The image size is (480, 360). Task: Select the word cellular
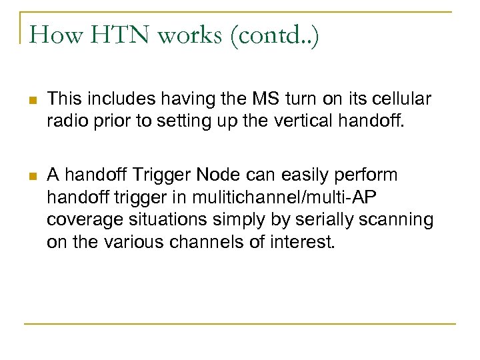[401, 99]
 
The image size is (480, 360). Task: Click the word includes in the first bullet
[124, 99]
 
